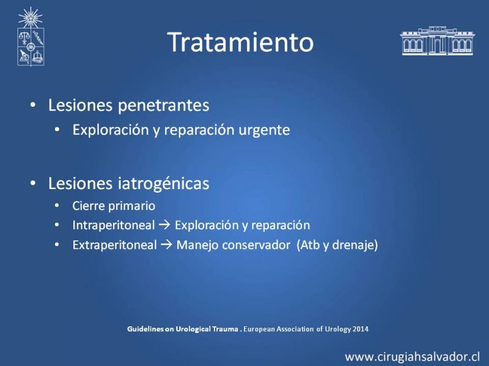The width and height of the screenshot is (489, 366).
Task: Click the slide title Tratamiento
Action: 240,42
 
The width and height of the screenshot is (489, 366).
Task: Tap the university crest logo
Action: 31,37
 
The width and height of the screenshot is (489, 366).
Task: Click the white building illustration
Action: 437,41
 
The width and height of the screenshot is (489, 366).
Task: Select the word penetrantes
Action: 163,106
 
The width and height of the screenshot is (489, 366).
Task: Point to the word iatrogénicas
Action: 163,184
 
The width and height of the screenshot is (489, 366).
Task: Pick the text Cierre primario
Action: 114,206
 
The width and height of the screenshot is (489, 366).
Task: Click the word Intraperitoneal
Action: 114,225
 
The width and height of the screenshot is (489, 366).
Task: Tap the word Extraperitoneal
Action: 114,245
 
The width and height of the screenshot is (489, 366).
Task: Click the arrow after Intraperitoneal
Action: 164,225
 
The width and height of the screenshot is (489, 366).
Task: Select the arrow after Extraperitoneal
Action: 166,245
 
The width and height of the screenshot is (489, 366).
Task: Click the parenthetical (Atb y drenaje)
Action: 337,245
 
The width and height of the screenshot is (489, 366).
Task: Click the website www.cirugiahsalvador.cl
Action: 412,357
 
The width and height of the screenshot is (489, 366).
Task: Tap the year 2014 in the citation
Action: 361,329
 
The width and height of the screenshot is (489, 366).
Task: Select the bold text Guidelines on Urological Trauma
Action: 182,329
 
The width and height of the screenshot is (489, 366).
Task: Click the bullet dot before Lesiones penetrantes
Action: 33,105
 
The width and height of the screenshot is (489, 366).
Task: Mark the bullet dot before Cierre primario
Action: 57,206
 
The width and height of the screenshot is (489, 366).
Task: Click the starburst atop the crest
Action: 30,18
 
